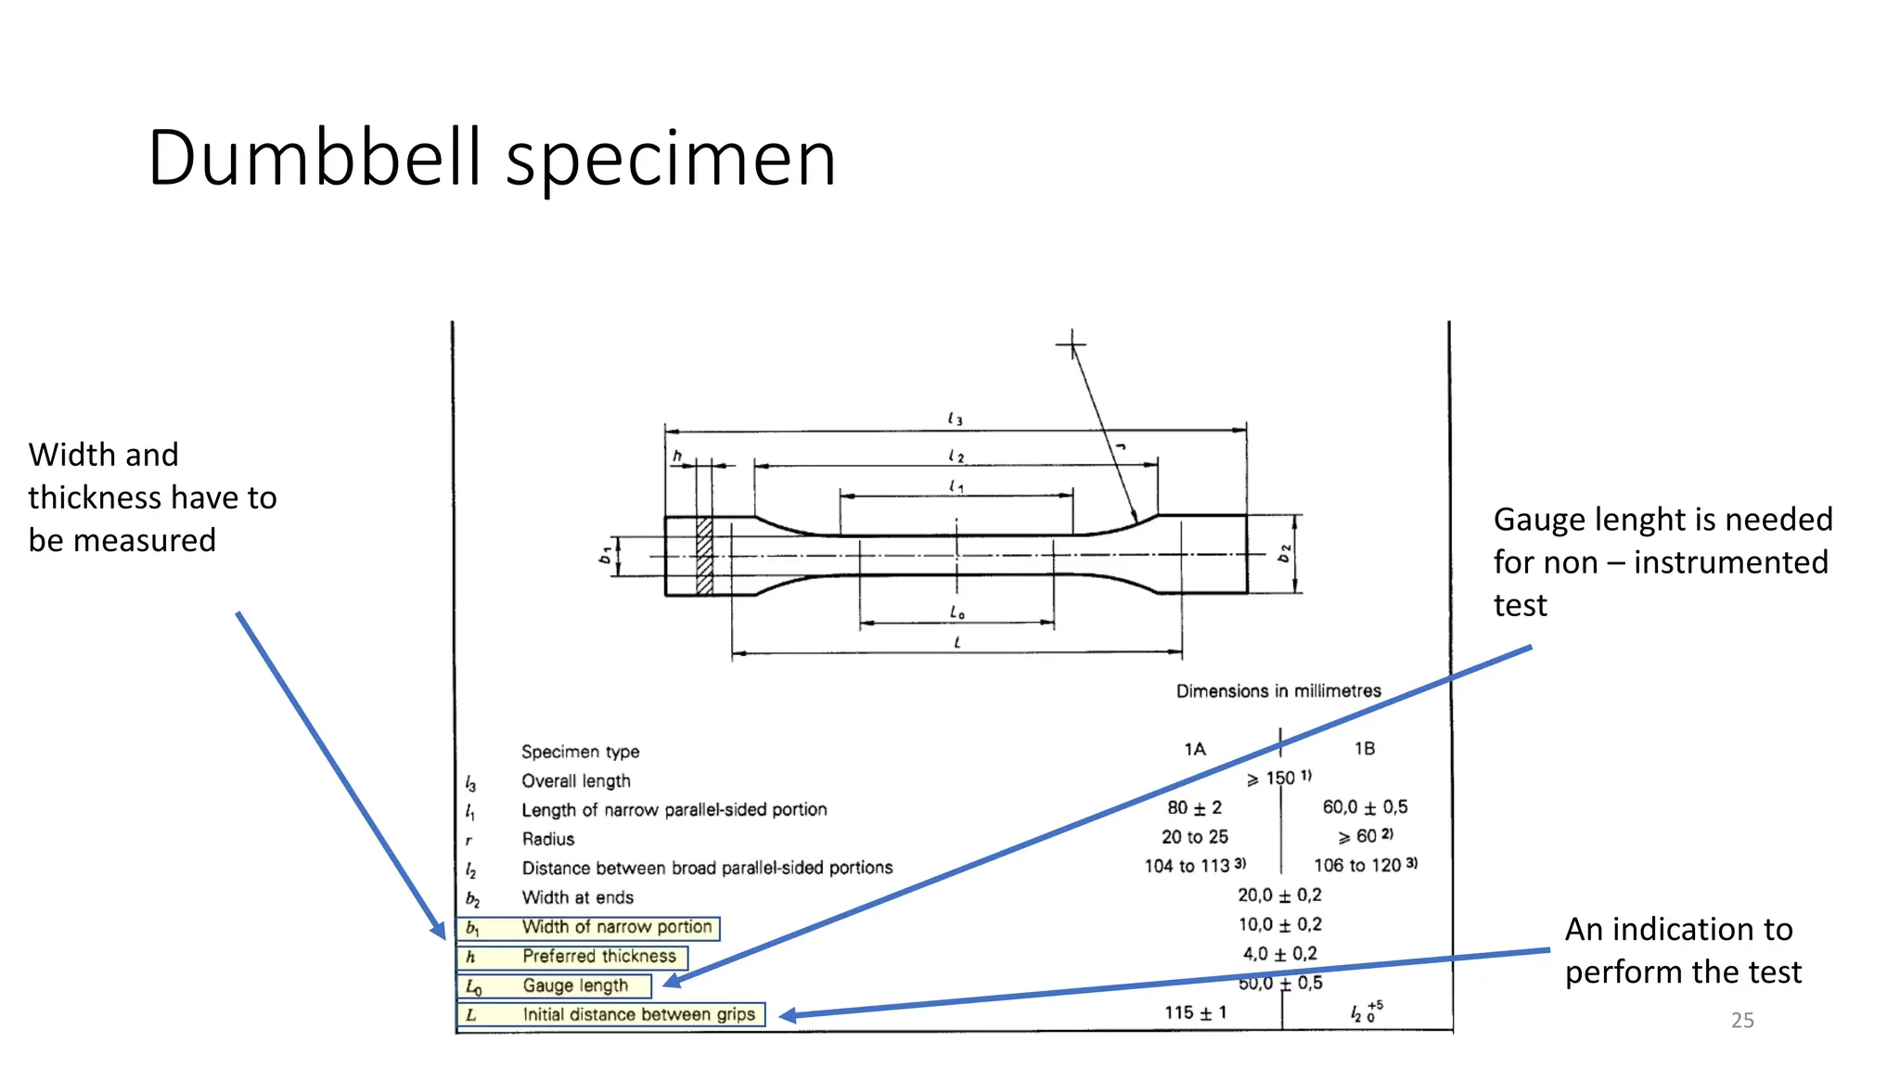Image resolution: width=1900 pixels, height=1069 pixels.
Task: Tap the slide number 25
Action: tap(1742, 1021)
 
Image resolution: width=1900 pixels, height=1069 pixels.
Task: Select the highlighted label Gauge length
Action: tap(575, 985)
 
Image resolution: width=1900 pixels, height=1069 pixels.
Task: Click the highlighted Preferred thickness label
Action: tap(598, 956)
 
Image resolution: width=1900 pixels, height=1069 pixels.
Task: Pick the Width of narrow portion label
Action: tap(616, 927)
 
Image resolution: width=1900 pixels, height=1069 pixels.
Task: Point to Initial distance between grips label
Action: tap(638, 1015)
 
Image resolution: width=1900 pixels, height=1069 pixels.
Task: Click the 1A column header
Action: tap(1195, 749)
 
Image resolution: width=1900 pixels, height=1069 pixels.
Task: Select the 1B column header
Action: tap(1364, 749)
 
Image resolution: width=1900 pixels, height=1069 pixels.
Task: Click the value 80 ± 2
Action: tap(1195, 808)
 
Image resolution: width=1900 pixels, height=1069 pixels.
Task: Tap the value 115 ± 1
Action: tap(1195, 1012)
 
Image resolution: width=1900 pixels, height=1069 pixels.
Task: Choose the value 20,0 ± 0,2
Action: tap(1279, 895)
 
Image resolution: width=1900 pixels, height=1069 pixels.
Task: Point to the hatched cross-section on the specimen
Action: tap(705, 556)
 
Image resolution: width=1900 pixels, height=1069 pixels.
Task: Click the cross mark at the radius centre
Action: tap(1072, 346)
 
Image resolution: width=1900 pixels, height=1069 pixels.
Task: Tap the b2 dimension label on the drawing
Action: tap(1284, 554)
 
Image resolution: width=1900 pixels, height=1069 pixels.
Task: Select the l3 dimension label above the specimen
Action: tap(955, 419)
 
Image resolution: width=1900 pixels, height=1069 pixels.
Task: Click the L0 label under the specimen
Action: tap(956, 612)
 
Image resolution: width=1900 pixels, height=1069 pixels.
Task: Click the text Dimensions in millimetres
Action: tap(1278, 691)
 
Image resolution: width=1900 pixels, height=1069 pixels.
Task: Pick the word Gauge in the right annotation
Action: tap(1539, 520)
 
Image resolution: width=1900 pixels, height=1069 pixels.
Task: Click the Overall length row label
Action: tap(575, 781)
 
